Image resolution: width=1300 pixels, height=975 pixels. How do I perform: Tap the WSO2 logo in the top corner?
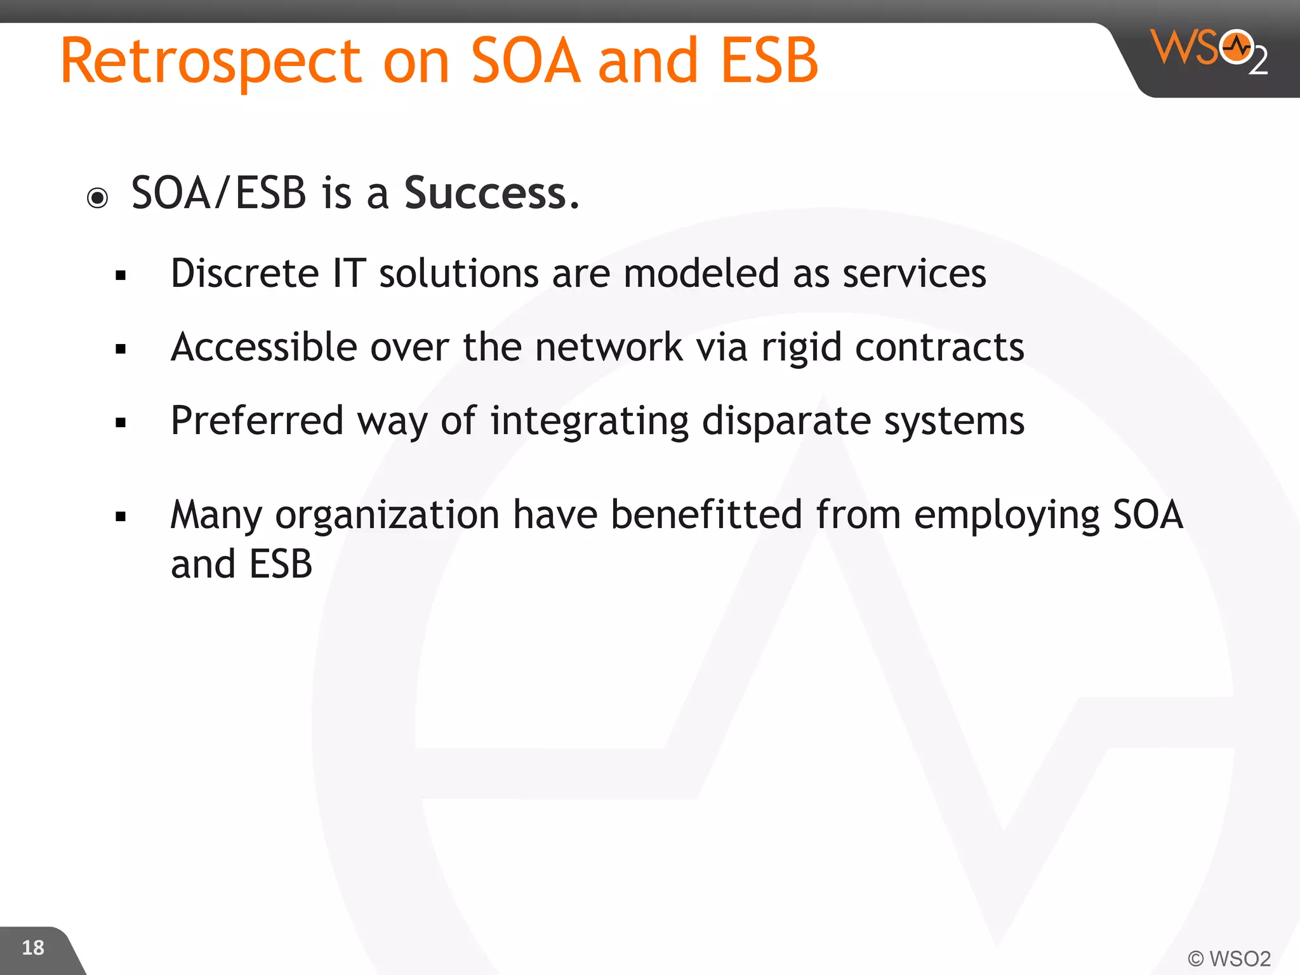point(1209,51)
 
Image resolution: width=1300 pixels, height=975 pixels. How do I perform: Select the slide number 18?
point(33,948)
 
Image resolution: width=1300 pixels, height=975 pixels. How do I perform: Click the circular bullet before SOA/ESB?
point(98,198)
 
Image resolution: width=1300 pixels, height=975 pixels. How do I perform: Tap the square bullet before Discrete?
point(121,275)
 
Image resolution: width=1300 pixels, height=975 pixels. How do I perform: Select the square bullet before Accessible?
point(121,349)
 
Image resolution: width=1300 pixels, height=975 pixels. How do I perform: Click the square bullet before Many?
point(121,517)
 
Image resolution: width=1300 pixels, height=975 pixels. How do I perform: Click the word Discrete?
point(244,274)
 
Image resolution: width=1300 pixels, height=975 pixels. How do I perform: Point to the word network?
point(608,347)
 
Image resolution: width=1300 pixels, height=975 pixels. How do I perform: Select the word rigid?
point(801,348)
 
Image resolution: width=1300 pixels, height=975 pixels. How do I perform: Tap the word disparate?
point(786,421)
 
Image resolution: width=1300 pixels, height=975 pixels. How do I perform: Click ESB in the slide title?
point(769,62)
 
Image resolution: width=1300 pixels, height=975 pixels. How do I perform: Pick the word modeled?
point(701,274)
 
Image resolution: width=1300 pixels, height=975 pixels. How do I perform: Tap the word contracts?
point(939,347)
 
